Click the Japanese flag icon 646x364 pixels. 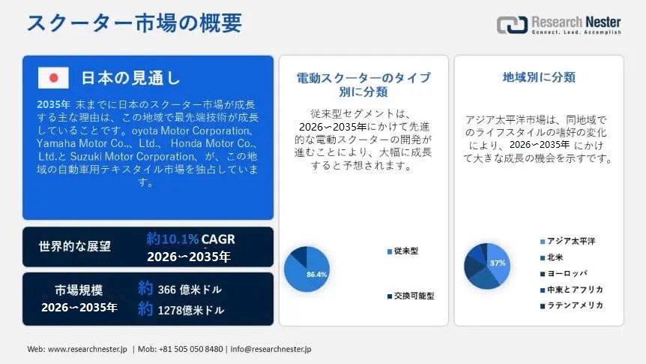pos(53,77)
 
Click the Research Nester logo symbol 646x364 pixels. pos(512,25)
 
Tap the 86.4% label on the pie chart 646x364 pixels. pos(316,274)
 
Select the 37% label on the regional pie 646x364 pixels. pos(498,263)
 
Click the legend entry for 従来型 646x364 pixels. pos(402,251)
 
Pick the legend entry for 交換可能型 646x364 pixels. pos(411,296)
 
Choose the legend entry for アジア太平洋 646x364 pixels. pos(568,241)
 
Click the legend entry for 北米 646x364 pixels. pos(552,257)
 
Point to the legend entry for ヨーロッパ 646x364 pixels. pos(564,273)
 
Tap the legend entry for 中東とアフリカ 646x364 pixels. pos(571,290)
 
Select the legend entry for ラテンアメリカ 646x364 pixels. pos(571,305)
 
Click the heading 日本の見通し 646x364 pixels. pos(130,77)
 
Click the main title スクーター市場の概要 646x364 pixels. pos(134,23)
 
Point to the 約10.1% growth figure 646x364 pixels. pos(172,239)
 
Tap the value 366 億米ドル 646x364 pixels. pos(190,290)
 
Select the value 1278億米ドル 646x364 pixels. pos(191,310)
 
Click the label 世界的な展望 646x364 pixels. pos(75,246)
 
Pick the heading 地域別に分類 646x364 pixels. pos(539,77)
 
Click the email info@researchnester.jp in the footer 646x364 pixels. pos(271,349)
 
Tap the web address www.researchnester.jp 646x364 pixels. pos(88,349)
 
